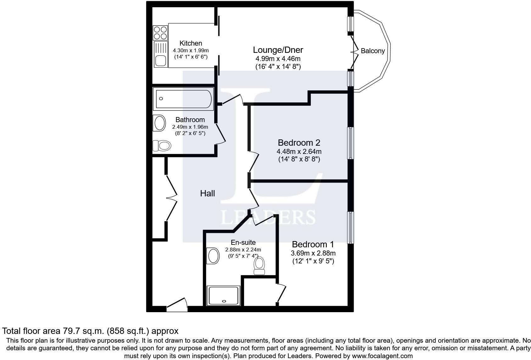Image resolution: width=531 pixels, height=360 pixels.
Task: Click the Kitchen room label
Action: click(191, 43)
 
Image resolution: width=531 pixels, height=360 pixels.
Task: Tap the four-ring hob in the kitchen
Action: click(160, 33)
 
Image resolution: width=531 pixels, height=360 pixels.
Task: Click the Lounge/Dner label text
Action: click(278, 50)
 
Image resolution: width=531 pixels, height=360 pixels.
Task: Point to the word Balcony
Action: click(373, 51)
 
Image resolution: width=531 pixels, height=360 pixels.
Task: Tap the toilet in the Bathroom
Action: click(162, 146)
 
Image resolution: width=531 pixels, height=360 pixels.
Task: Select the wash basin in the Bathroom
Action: click(159, 123)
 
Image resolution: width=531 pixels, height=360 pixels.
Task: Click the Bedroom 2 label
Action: click(299, 143)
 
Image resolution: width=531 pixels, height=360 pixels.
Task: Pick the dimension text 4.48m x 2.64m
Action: click(299, 152)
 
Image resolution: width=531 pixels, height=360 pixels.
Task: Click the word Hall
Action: click(208, 194)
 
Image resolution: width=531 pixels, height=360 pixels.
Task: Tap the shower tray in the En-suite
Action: click(223, 295)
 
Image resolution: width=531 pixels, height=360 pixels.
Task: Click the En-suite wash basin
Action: click(213, 256)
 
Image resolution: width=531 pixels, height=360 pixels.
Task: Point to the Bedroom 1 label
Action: click(313, 245)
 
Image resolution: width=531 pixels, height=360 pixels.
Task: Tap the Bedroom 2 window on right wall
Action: click(350, 143)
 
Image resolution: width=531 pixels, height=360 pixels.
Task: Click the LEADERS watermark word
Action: click(268, 217)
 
